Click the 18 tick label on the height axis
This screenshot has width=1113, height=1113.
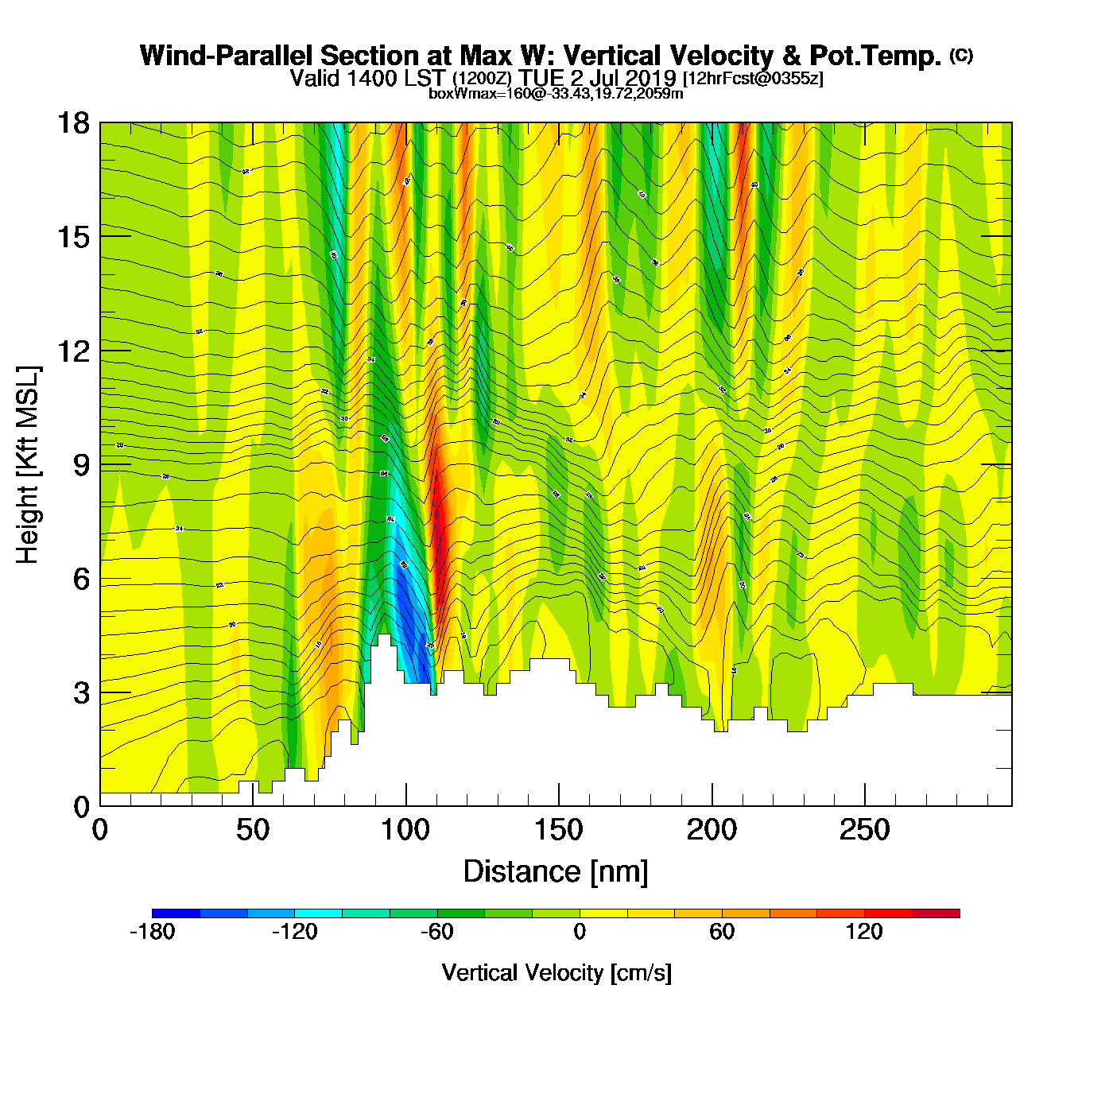(x=72, y=123)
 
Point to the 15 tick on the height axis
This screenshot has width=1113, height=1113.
(x=72, y=237)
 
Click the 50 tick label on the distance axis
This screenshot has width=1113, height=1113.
(x=253, y=831)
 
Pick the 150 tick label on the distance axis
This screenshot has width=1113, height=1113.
(x=558, y=831)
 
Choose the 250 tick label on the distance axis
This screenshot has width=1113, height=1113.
(x=864, y=831)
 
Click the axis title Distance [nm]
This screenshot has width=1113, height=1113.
(x=556, y=872)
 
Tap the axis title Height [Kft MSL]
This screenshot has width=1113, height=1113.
(x=28, y=465)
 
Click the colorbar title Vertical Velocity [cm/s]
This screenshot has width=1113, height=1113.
(x=556, y=973)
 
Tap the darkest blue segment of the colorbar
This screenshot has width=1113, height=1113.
(x=176, y=913)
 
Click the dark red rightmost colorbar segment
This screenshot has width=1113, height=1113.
(x=936, y=913)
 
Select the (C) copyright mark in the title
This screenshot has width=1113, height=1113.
(x=960, y=55)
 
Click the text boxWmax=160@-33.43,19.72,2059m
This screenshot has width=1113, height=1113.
(x=556, y=94)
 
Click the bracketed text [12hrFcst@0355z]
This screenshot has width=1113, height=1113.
(x=753, y=79)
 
